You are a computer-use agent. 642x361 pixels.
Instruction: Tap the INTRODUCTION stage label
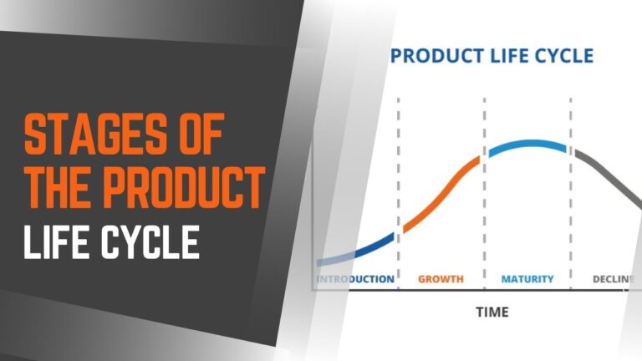pyautogui.click(x=355, y=278)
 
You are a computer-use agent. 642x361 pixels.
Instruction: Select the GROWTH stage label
pyautogui.click(x=441, y=278)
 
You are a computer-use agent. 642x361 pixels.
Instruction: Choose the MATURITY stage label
pyautogui.click(x=527, y=278)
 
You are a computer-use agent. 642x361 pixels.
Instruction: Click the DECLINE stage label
pyautogui.click(x=613, y=278)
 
